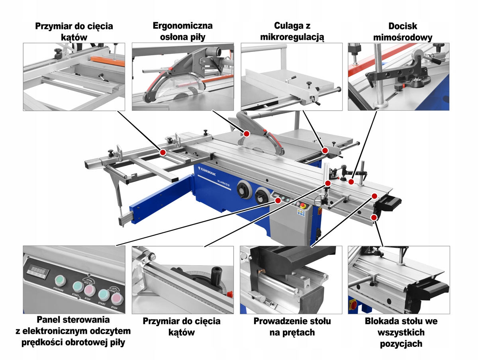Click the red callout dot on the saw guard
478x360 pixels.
tap(247, 133)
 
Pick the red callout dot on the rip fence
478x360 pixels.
tap(325, 151)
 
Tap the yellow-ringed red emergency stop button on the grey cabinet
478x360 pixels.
tap(302, 206)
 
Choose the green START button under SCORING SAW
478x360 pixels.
tap(103, 295)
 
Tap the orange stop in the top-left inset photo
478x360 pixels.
tap(108, 61)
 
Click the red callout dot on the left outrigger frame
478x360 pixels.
tap(163, 152)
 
